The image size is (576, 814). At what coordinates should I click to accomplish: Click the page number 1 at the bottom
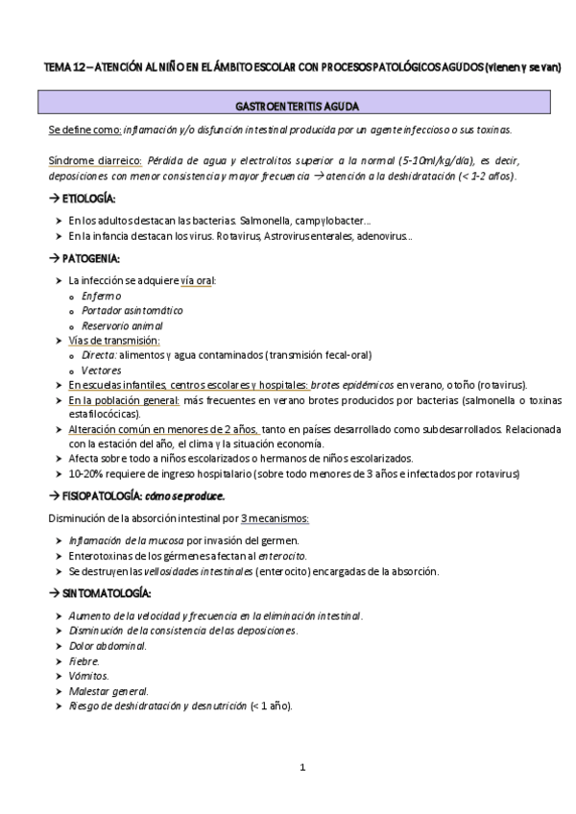pyautogui.click(x=301, y=767)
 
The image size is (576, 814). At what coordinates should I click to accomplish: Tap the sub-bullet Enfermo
pyautogui.click(x=101, y=297)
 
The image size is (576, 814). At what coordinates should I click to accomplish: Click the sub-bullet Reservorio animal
pyautogui.click(x=123, y=325)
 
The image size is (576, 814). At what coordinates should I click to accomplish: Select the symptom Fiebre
pyautogui.click(x=84, y=661)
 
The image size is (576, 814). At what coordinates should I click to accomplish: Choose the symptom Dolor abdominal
pyautogui.click(x=108, y=646)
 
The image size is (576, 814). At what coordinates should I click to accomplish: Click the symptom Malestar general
pyautogui.click(x=108, y=691)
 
